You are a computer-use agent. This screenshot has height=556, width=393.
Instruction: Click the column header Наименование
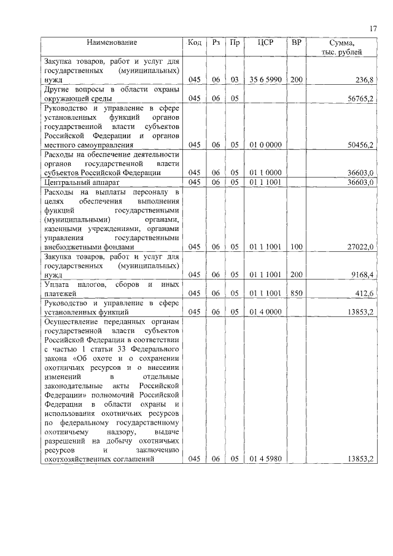click(x=111, y=42)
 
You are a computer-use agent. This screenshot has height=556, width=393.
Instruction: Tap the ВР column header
click(x=297, y=42)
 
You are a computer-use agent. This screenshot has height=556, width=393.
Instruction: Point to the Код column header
click(x=195, y=42)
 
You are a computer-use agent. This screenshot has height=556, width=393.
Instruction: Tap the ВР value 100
click(x=297, y=246)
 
